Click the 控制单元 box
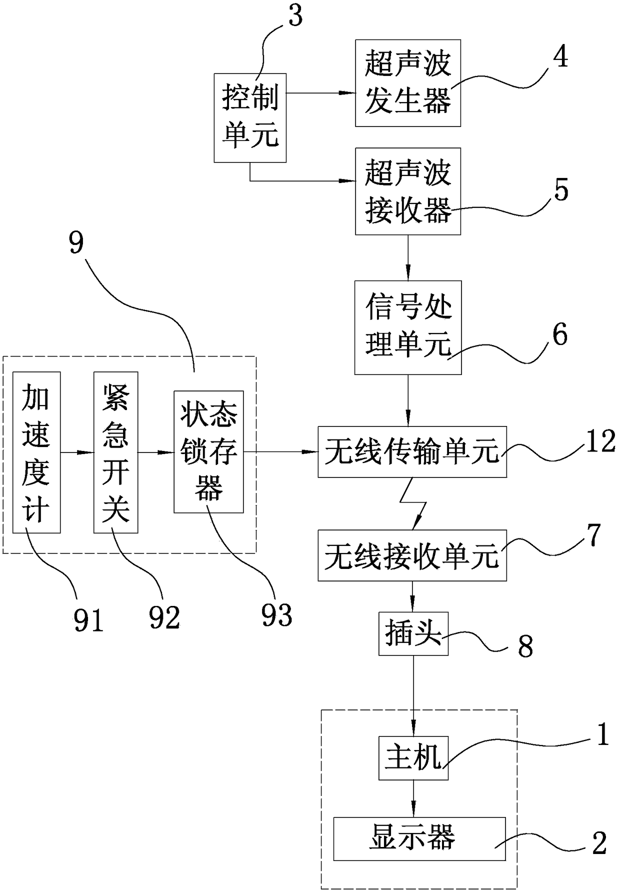point(250,118)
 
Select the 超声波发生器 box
point(408,83)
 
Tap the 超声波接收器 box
point(408,191)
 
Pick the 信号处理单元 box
point(408,327)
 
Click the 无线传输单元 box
point(412,452)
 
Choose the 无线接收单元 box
point(412,555)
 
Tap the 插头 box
point(413,633)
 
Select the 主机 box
point(413,758)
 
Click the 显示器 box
point(419,839)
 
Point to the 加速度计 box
point(36,452)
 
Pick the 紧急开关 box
point(116,452)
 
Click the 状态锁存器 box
point(209,452)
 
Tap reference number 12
point(600,441)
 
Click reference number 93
point(277,615)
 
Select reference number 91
point(88,620)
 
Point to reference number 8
point(525,647)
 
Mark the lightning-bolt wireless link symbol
point(413,503)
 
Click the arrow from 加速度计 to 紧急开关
point(77,452)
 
